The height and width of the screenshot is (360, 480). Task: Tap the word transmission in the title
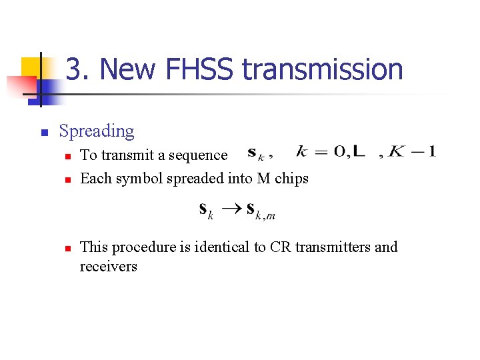click(323, 69)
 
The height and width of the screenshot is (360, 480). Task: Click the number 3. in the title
click(77, 69)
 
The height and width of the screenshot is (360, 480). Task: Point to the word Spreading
click(97, 131)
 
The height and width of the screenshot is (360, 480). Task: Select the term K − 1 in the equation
click(412, 151)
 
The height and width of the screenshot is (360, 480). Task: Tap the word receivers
click(108, 267)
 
